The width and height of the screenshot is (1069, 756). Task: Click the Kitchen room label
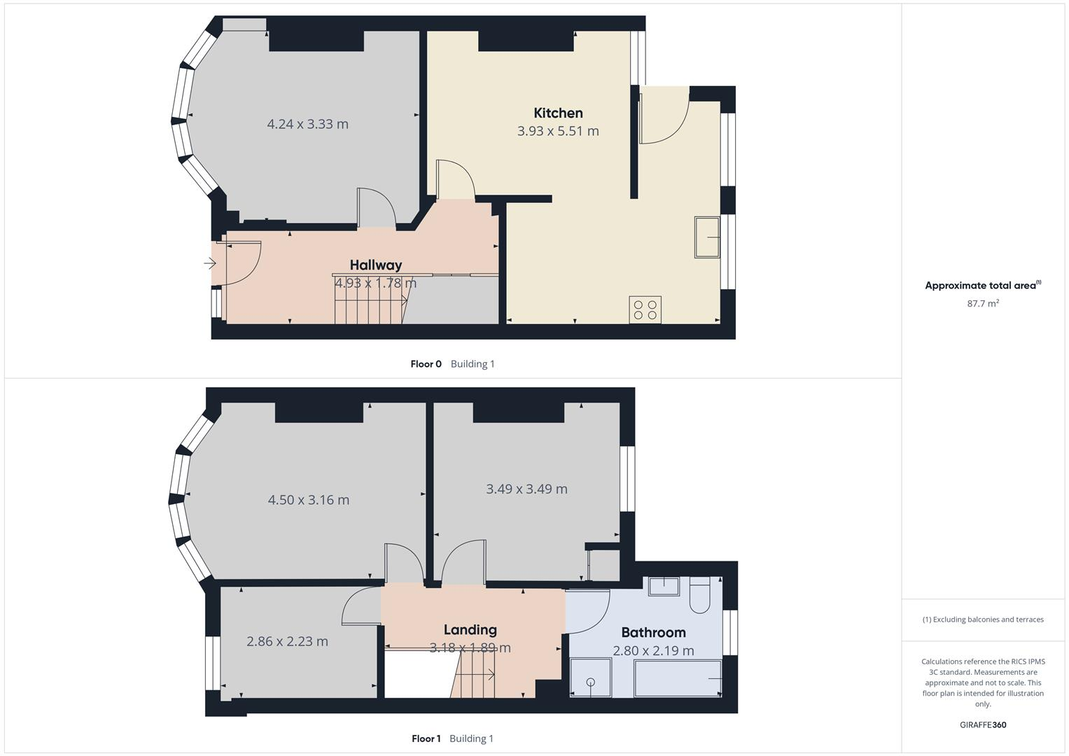(558, 113)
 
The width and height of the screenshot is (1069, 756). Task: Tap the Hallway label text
(376, 265)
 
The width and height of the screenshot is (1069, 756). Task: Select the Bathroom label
(653, 632)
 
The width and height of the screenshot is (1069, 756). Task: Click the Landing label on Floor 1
(470, 629)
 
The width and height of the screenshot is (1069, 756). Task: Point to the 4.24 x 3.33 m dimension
(307, 124)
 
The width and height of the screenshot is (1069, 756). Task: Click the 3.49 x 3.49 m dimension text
(526, 489)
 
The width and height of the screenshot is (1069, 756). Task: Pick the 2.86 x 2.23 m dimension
(287, 640)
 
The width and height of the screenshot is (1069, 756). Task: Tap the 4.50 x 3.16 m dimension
(308, 500)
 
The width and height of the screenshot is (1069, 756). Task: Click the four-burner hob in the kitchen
(645, 309)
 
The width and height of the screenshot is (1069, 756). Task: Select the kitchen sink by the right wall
(707, 237)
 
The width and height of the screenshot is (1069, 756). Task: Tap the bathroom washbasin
(663, 585)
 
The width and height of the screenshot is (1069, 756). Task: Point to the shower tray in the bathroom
(591, 678)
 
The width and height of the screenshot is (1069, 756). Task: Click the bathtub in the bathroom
(678, 678)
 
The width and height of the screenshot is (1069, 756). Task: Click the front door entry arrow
(210, 264)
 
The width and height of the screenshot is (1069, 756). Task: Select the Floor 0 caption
(426, 364)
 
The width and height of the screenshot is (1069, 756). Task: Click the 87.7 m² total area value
(983, 303)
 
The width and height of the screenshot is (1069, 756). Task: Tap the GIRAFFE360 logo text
(982, 724)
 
